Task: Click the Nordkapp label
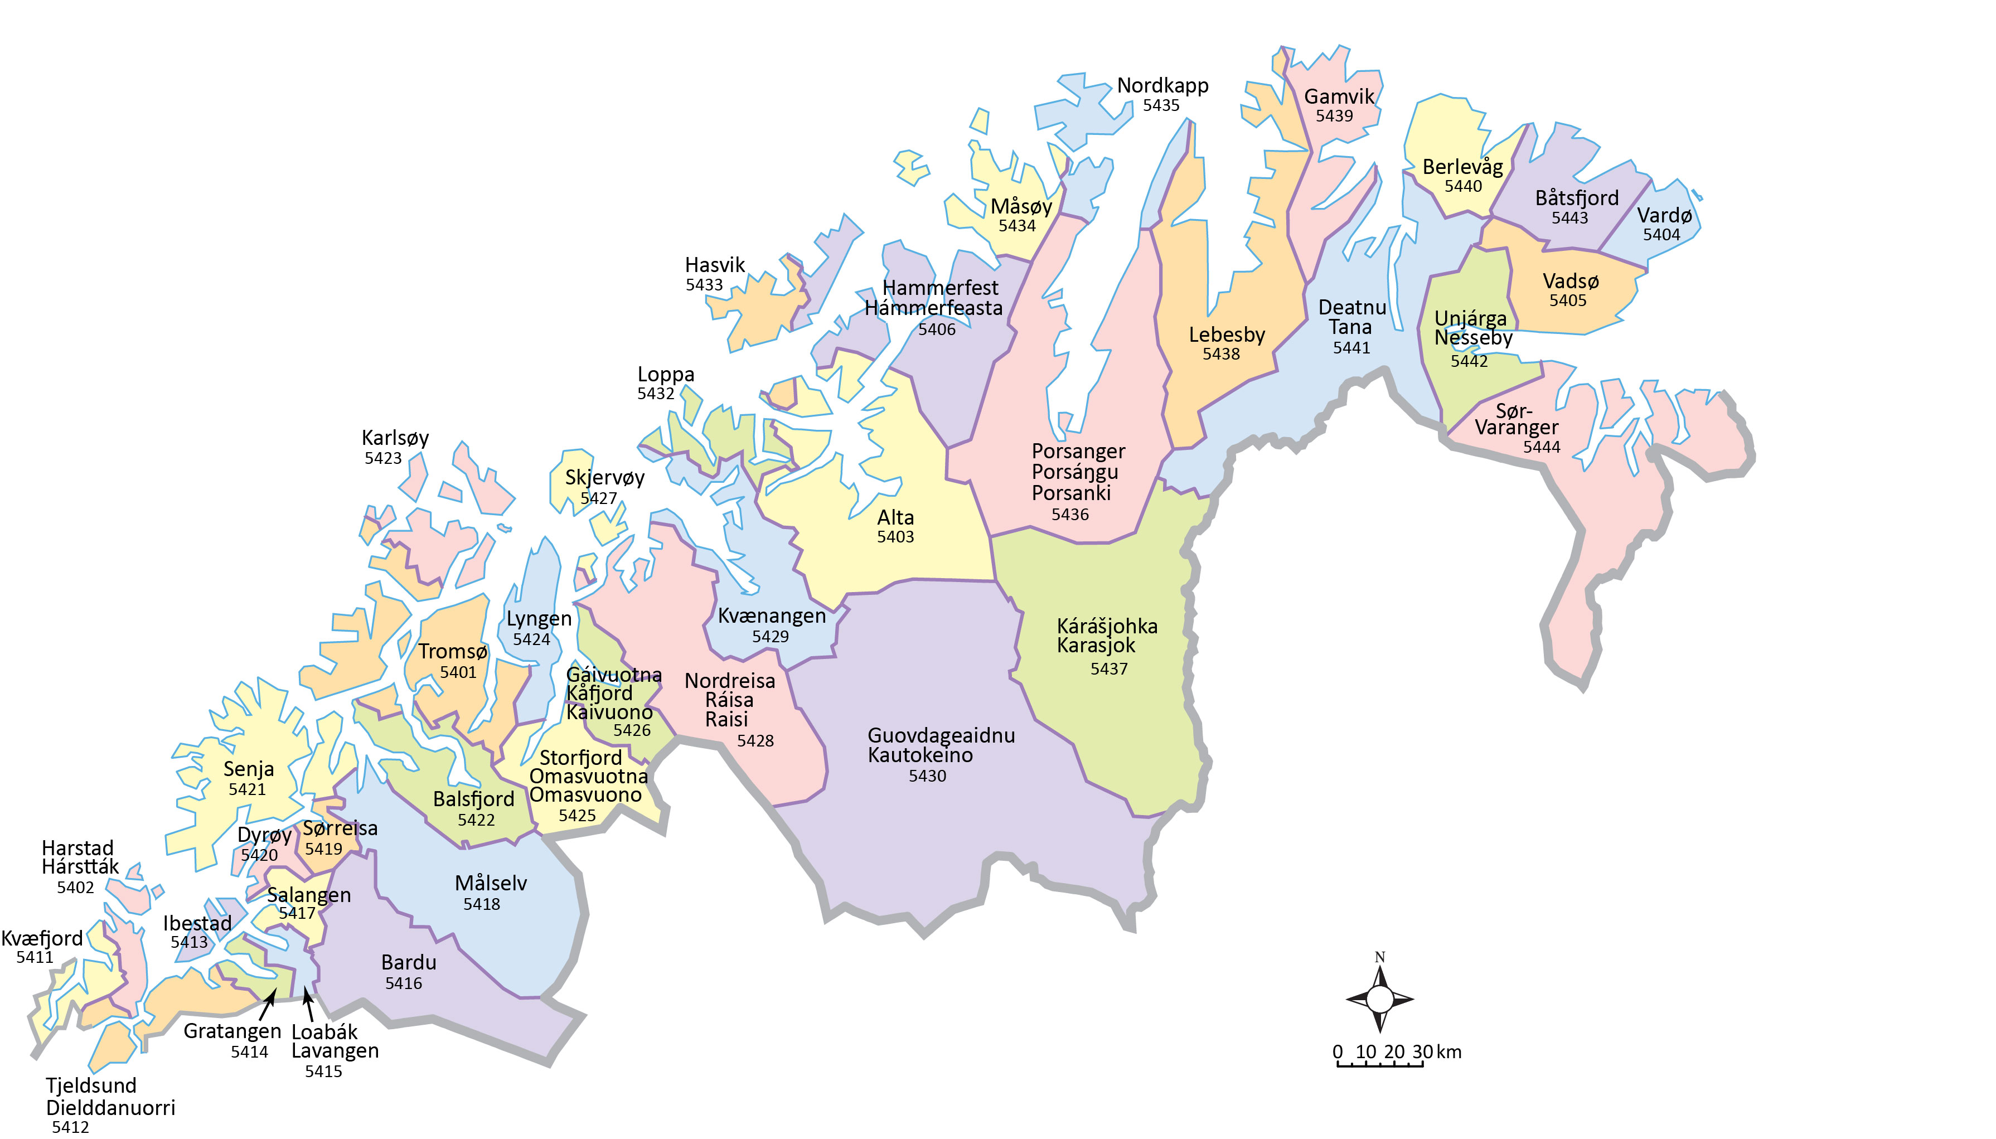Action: tap(1162, 85)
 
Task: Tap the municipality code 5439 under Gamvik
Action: tap(1334, 116)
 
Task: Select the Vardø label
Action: tap(1664, 215)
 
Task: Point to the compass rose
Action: tap(1380, 999)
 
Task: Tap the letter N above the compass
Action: tap(1380, 957)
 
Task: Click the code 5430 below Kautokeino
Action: tap(927, 776)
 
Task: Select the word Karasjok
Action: tap(1096, 646)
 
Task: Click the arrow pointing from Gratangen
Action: tap(268, 1004)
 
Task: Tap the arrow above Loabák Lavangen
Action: tap(307, 1005)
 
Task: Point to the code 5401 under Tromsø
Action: tap(458, 672)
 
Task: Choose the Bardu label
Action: tap(408, 962)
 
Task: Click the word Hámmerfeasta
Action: tap(933, 308)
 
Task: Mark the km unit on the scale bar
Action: tap(1448, 1051)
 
